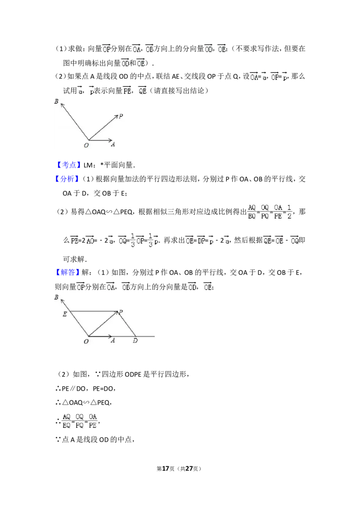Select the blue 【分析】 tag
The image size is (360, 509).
(67, 179)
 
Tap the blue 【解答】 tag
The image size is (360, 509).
(67, 272)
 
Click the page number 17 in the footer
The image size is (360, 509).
(166, 469)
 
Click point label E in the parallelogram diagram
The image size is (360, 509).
(65, 314)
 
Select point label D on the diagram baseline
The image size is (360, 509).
(135, 340)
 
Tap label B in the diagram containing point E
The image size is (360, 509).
(56, 297)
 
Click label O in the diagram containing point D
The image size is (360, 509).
(86, 341)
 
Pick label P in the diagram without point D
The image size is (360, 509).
(121, 116)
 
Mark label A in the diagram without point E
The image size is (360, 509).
(113, 144)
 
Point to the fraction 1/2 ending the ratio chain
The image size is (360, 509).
(289, 212)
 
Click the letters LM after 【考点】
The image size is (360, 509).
(88, 165)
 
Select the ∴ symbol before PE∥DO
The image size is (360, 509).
(58, 388)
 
